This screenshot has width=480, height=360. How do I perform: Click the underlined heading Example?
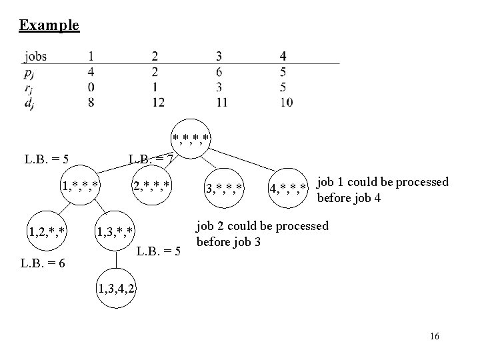(x=49, y=25)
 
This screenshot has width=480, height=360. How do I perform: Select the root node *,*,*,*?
(x=191, y=139)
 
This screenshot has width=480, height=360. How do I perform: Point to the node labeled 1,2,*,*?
(x=46, y=231)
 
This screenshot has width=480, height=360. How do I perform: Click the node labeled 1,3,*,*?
(x=117, y=231)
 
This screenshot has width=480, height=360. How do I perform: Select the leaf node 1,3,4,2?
(x=117, y=289)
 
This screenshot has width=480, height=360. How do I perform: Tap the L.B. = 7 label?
(x=151, y=159)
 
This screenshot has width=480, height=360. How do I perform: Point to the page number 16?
(x=435, y=337)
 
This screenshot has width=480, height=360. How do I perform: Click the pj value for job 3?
(x=219, y=71)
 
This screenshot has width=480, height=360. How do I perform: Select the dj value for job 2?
(x=157, y=102)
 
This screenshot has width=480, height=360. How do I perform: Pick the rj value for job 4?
(x=284, y=87)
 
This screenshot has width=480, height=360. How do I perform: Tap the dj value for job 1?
(x=90, y=102)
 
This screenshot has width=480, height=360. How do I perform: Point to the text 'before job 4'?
(x=349, y=198)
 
